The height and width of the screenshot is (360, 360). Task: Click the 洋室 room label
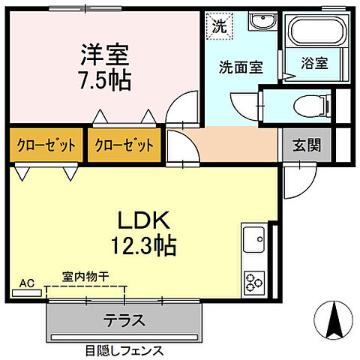105,55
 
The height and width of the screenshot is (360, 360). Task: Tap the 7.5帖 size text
105,79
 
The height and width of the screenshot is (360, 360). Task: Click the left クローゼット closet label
46,145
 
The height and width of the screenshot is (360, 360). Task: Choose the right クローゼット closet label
124,145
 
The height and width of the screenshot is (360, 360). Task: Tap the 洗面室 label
240,67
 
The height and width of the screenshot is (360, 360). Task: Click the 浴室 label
314,64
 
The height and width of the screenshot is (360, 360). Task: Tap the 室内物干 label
85,277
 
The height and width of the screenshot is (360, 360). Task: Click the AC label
26,283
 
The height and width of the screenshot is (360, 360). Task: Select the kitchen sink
253,241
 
